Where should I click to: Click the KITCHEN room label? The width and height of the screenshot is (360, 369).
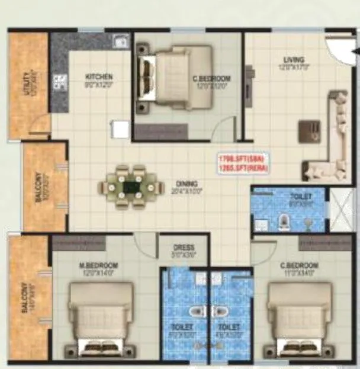[x=98, y=77]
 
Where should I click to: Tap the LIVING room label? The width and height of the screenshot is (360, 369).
[x=294, y=60]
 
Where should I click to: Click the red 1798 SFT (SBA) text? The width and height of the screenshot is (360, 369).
[x=243, y=159]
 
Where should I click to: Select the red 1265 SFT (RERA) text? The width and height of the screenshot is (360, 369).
[x=243, y=169]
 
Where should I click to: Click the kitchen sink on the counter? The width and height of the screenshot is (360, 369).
[x=120, y=41]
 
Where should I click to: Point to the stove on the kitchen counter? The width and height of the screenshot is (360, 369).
[x=59, y=82]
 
